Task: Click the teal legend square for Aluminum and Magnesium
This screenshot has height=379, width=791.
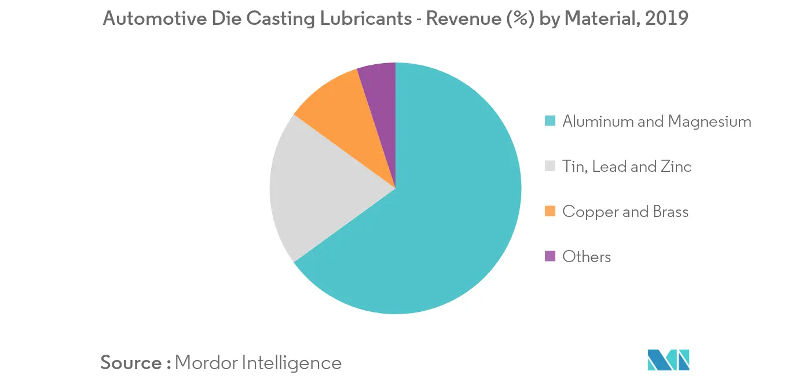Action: pyautogui.click(x=550, y=122)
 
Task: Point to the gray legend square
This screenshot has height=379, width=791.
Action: pyautogui.click(x=550, y=167)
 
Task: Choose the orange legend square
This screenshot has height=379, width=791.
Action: pyautogui.click(x=550, y=212)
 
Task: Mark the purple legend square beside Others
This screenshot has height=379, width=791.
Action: pyautogui.click(x=550, y=256)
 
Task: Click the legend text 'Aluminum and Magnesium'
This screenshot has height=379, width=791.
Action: pyautogui.click(x=657, y=122)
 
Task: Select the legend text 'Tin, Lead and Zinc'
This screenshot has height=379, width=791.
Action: pyautogui.click(x=627, y=167)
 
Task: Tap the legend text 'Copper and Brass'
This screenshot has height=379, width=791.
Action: pyautogui.click(x=625, y=212)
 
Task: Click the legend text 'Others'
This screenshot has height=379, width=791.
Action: pyautogui.click(x=587, y=256)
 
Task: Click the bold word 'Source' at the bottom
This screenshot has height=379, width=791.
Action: pyautogui.click(x=131, y=363)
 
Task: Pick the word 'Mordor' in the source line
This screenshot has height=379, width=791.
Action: pyautogui.click(x=204, y=363)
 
